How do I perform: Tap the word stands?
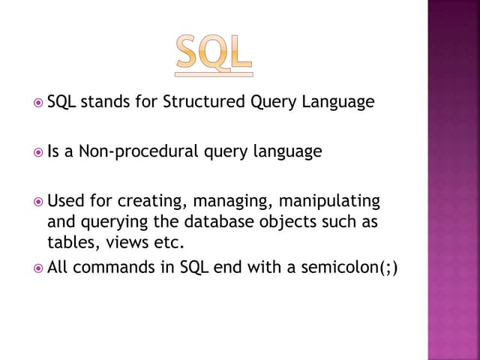point(106,102)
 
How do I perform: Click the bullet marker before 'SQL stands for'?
point(39,103)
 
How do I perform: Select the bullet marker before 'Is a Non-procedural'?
point(39,152)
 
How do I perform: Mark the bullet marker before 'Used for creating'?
point(39,202)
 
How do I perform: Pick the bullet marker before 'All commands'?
point(39,267)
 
